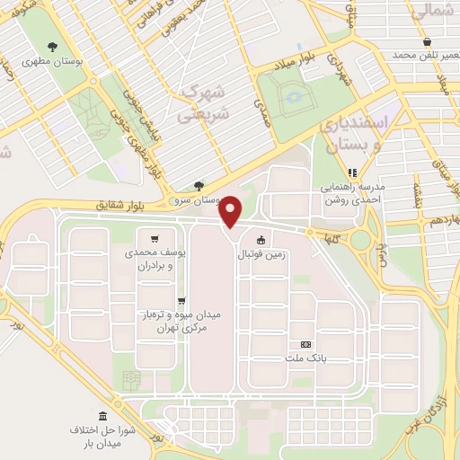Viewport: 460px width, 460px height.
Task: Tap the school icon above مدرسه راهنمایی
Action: pos(353,172)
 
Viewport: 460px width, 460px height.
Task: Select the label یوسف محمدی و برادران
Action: pos(155,261)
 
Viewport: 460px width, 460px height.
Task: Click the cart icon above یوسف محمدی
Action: pos(155,239)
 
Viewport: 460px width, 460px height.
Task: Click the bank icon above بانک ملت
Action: pos(306,344)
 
